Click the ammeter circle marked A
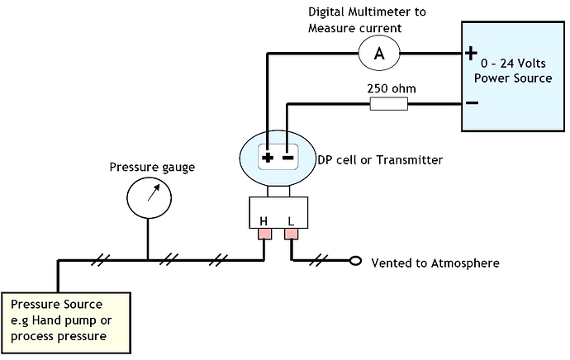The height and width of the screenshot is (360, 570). (379, 54)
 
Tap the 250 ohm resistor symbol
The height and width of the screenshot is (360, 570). (388, 104)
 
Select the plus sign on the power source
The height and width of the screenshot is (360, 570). (471, 53)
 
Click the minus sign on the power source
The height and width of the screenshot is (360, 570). (473, 103)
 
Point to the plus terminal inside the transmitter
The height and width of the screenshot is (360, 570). (268, 158)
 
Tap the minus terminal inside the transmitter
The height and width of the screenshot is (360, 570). (287, 158)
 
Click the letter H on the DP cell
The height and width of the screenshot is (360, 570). (264, 220)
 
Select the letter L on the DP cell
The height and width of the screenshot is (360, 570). (291, 220)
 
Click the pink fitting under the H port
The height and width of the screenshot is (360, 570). (264, 234)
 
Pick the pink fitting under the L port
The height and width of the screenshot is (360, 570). (291, 234)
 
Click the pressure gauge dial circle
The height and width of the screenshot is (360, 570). (149, 197)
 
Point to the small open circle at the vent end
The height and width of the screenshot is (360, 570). (355, 261)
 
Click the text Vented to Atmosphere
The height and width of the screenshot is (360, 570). (435, 263)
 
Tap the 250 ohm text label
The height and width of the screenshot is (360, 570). (391, 88)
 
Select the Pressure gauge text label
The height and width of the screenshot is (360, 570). (152, 167)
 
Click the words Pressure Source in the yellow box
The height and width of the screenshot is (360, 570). (56, 304)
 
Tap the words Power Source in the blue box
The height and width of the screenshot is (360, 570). (513, 78)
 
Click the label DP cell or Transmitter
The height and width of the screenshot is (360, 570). (380, 160)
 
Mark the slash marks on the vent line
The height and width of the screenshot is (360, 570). (318, 260)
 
